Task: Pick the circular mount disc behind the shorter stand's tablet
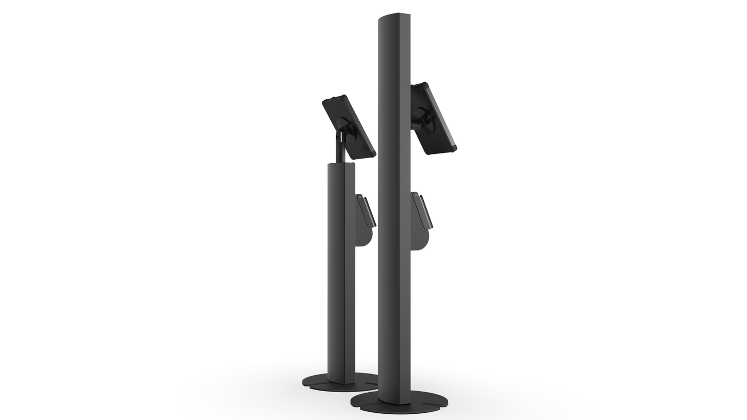pos(345,127)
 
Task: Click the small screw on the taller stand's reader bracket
pos(416,195)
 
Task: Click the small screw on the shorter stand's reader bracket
pos(360,197)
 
